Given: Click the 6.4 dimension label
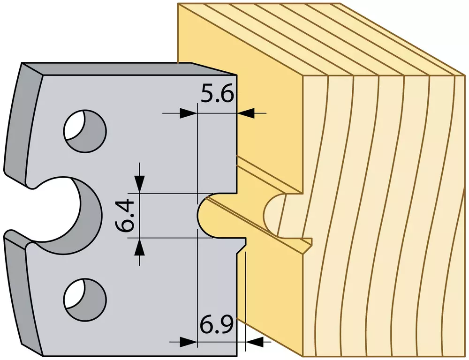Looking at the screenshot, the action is click(x=125, y=215).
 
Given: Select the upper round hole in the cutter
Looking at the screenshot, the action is click(x=85, y=131).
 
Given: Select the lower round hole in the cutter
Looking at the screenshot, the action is click(x=85, y=300).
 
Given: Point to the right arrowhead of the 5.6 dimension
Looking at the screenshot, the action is click(x=246, y=113).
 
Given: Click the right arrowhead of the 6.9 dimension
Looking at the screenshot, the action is click(x=254, y=341).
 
